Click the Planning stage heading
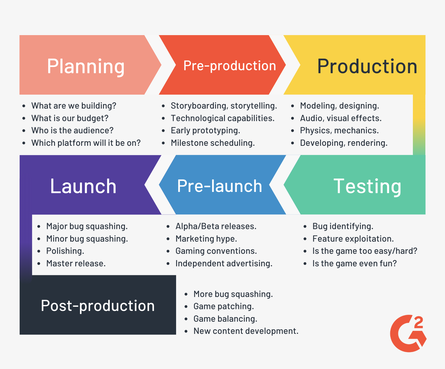(86, 66)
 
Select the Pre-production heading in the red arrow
(230, 66)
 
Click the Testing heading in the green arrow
(367, 186)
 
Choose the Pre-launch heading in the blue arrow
(220, 186)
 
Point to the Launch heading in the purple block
(83, 186)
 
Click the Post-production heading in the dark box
(98, 306)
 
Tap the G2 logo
(408, 334)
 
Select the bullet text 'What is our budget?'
(70, 118)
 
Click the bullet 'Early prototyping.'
(205, 130)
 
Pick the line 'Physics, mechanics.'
(339, 130)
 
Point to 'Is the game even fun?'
(354, 263)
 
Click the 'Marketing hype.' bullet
(206, 239)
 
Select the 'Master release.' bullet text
(76, 263)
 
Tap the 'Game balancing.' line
(225, 319)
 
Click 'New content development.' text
(246, 331)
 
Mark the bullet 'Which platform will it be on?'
(86, 143)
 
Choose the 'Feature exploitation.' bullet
(353, 239)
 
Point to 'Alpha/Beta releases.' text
(216, 226)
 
